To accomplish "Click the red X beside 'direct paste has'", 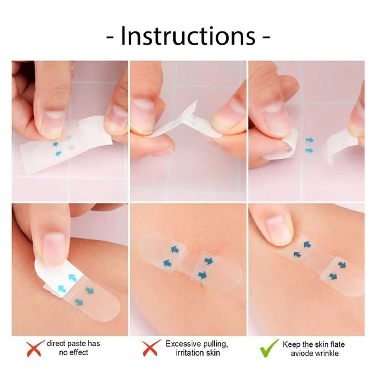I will (x=34, y=348).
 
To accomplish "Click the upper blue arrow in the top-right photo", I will (x=309, y=140).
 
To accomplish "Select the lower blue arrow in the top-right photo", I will (x=309, y=150).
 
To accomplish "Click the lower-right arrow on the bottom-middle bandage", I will (x=202, y=274).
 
